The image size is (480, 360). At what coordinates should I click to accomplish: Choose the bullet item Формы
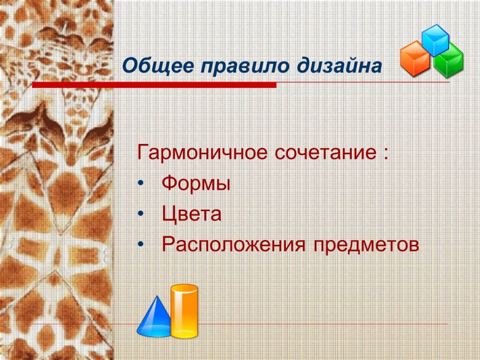(196, 185)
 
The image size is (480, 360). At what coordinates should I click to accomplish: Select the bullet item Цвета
(191, 215)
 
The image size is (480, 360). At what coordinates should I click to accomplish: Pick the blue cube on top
(436, 39)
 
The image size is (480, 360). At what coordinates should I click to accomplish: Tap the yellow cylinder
(184, 312)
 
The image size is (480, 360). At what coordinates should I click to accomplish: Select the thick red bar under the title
(154, 85)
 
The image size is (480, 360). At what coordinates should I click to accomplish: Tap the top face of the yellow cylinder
(184, 289)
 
